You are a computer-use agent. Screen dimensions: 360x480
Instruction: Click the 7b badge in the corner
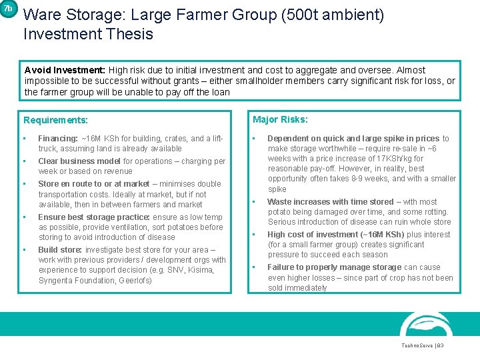7,9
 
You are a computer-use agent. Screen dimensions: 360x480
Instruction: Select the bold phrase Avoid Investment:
65,70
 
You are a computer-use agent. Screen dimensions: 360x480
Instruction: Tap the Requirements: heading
55,120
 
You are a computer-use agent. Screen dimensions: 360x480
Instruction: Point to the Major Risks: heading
280,119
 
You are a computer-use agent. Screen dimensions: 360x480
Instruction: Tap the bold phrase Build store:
61,250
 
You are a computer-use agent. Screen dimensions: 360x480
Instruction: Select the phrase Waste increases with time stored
330,201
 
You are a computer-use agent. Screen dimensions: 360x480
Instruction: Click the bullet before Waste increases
255,201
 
